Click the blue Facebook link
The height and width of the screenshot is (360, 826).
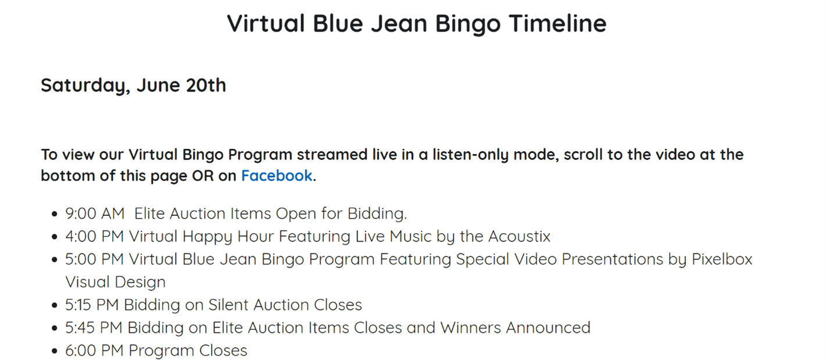pos(277,176)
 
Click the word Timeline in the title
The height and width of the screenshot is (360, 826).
pos(557,23)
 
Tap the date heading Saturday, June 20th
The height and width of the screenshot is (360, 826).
pos(133,85)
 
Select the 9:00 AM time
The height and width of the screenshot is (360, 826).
pos(95,213)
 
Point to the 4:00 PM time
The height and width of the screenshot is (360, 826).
pos(94,237)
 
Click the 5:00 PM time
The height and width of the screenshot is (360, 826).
pos(94,259)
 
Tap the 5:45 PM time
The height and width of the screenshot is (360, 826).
pos(94,328)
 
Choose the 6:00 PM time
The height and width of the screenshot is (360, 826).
pos(94,351)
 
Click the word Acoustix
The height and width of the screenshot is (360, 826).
pos(519,237)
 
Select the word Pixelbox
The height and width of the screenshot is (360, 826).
pos(721,259)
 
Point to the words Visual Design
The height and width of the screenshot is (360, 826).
pos(116,282)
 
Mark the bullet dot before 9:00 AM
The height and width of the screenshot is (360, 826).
pos(55,214)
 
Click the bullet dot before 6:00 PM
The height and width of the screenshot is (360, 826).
pos(55,351)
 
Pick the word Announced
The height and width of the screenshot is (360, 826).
pos(548,328)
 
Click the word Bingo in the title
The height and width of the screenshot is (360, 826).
pos(468,24)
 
